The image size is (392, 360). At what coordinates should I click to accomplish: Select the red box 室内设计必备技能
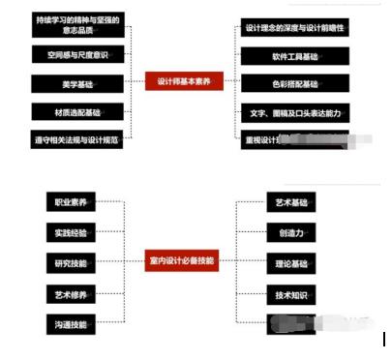click(182, 260)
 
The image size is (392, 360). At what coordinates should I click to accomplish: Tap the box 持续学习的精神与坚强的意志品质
click(79, 24)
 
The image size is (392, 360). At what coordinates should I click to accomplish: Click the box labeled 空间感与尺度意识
click(79, 54)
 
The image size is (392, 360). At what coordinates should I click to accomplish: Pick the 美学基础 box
click(79, 83)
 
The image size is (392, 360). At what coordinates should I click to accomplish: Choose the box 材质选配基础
click(79, 111)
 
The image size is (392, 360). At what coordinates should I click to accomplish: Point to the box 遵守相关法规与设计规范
click(79, 139)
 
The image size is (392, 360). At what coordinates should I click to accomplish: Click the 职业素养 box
click(72, 202)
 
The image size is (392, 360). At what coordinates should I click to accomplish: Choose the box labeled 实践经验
click(72, 232)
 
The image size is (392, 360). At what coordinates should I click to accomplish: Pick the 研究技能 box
click(72, 262)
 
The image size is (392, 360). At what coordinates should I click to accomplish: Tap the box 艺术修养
click(72, 292)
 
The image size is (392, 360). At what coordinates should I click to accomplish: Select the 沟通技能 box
click(72, 323)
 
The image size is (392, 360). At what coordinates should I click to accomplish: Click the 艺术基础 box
click(292, 202)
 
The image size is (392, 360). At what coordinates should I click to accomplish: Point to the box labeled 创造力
click(292, 232)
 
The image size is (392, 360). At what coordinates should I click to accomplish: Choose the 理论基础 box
click(292, 262)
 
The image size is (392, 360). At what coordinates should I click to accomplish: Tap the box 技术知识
click(292, 292)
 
